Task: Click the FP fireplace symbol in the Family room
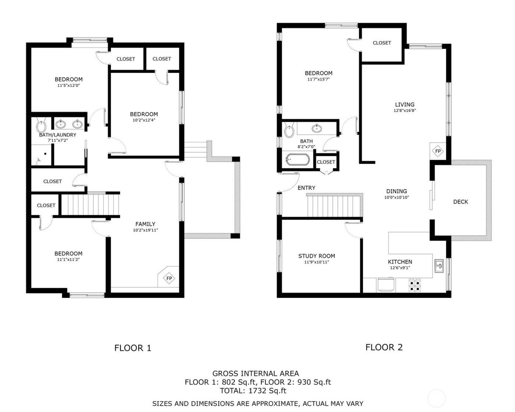click(x=169, y=278)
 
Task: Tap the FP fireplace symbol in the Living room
click(x=438, y=151)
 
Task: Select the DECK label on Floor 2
click(x=461, y=202)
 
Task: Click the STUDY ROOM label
click(x=316, y=256)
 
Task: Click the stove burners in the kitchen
click(x=415, y=285)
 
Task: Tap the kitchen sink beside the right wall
click(x=439, y=266)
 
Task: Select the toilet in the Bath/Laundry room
click(x=41, y=126)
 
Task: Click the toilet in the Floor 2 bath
click(x=289, y=130)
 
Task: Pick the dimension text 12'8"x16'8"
click(x=405, y=110)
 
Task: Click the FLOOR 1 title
click(x=133, y=348)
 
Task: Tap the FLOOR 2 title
click(x=384, y=347)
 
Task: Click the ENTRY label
click(x=306, y=188)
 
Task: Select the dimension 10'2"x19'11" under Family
click(x=145, y=230)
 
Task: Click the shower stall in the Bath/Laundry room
click(x=42, y=155)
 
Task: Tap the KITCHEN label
click(x=400, y=262)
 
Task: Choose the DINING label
click(x=397, y=191)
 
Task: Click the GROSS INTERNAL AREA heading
click(x=256, y=373)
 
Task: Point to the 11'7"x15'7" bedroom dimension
click(x=319, y=79)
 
